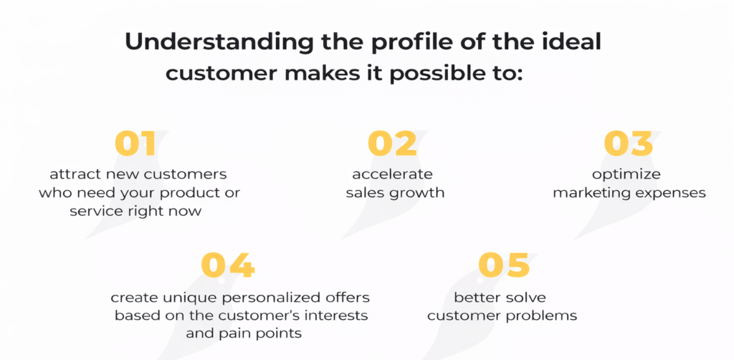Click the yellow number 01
tap(135, 143)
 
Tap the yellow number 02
tap(392, 143)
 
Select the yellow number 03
tap(629, 143)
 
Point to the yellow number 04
tap(227, 265)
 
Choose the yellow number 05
tap(503, 265)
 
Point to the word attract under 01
tap(74, 174)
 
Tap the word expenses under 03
tap(669, 193)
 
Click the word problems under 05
tap(548, 316)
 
